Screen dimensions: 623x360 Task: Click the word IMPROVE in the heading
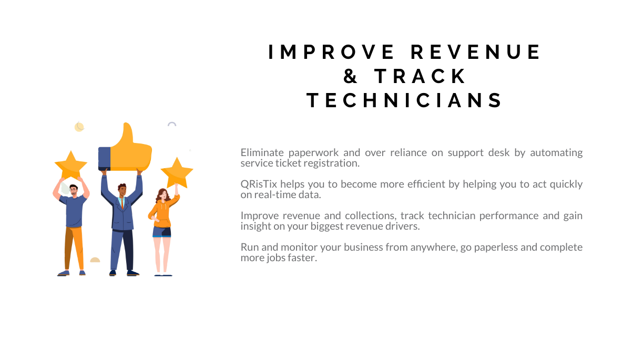331,53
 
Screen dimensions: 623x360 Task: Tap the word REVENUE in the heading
475,53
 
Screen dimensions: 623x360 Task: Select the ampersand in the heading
350,76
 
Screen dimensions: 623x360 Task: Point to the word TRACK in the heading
420,76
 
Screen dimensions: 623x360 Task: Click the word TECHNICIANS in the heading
405,100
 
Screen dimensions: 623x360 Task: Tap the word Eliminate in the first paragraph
262,152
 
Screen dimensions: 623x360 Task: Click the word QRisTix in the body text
259,184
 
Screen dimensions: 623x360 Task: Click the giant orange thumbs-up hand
130,148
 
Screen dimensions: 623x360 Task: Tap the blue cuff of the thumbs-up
105,159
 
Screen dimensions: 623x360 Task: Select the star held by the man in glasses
71,165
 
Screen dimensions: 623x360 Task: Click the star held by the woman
177,172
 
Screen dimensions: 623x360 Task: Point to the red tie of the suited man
122,204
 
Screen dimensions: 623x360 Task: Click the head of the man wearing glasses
74,190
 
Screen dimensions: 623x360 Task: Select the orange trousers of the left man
74,248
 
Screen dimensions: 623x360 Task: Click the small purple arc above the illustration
171,123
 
